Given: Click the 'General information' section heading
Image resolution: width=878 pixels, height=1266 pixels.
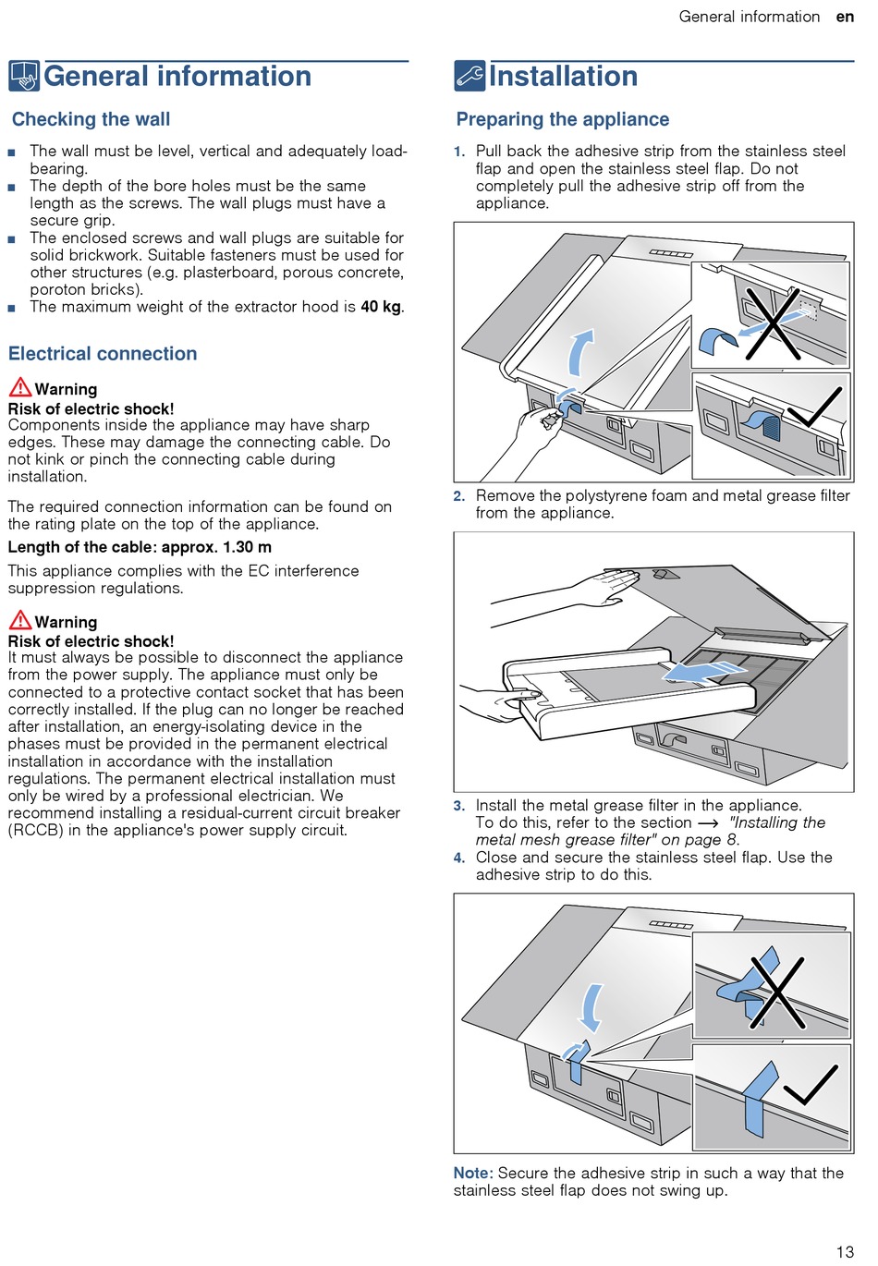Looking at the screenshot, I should click(177, 77).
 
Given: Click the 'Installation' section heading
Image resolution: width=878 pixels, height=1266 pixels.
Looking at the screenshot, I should click(563, 77).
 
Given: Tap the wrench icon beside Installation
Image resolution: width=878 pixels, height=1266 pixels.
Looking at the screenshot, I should click(469, 76).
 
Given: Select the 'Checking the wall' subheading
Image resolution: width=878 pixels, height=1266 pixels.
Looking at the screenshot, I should click(91, 119).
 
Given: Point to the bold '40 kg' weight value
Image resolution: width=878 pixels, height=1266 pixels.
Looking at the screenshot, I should click(381, 307).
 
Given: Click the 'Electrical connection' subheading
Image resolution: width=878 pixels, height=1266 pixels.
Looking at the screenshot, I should click(103, 354).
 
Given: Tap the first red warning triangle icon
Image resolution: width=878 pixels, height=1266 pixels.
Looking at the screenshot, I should click(19, 388).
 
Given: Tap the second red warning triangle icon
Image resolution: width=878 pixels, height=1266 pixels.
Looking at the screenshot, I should click(19, 621).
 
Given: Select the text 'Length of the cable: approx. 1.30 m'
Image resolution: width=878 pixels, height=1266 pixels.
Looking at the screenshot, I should click(140, 547).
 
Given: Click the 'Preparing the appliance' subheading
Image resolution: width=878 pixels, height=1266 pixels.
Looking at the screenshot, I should click(562, 119).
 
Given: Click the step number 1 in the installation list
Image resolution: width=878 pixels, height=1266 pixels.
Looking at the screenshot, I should click(459, 152).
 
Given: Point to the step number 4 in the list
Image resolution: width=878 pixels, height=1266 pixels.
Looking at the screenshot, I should click(459, 858).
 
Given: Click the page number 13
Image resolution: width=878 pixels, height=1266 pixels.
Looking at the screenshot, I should click(845, 1252).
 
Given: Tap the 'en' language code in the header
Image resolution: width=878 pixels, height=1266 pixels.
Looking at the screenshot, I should click(845, 17).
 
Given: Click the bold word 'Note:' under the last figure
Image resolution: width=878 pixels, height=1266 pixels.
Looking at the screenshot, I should click(473, 1174).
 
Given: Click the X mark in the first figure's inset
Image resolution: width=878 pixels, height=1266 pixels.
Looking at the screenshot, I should click(773, 323).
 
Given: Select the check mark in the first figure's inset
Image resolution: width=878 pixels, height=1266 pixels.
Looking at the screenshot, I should click(818, 407).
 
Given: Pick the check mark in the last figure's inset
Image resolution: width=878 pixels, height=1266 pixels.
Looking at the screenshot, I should click(811, 1086).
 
